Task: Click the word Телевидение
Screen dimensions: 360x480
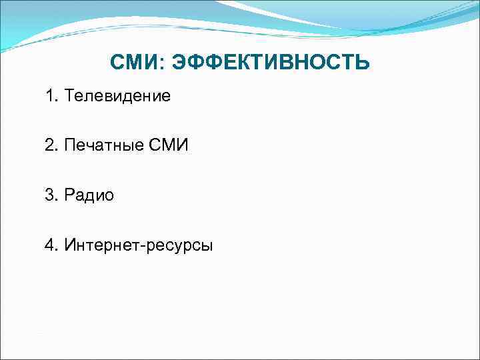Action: tap(118, 97)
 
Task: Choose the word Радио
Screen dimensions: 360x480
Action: tap(90, 195)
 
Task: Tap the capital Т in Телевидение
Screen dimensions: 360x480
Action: tap(70, 97)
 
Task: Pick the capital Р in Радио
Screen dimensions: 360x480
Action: tap(70, 195)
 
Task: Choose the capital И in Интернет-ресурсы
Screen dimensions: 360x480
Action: tap(70, 245)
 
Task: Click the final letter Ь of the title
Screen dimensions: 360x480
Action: tap(362, 63)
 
